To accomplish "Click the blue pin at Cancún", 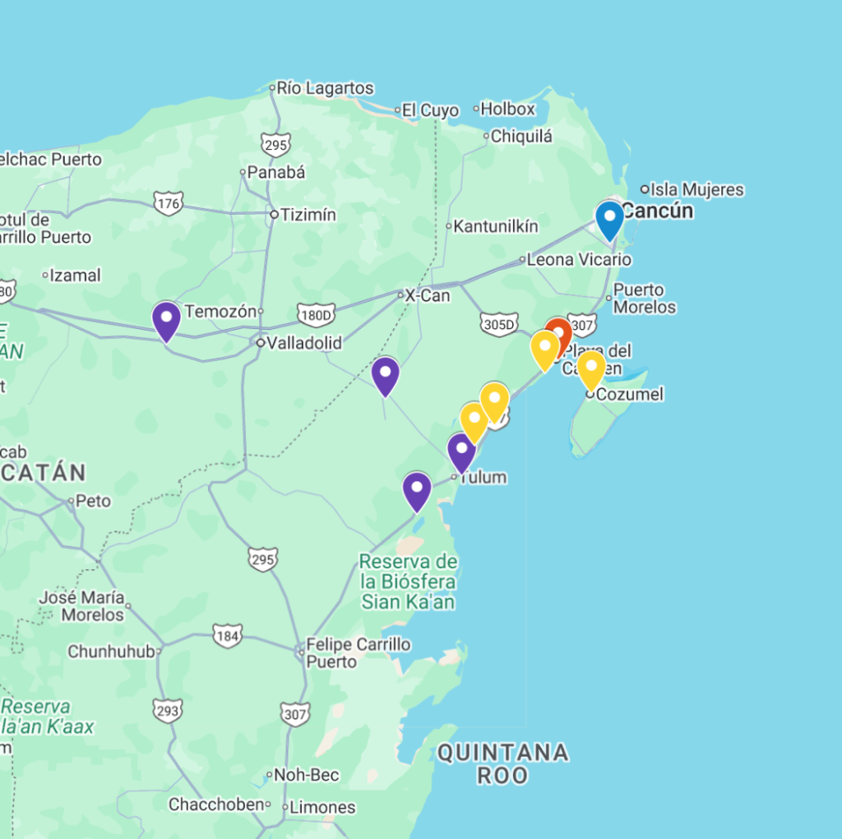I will coord(609,219).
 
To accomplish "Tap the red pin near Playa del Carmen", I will coord(558,334).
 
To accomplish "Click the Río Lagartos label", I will coord(325,88).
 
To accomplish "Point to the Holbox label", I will coord(507,109).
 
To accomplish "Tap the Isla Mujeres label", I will coord(697,190).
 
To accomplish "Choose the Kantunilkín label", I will coord(496,225).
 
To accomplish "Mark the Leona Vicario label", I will coord(579,260).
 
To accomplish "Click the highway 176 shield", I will coord(168,202).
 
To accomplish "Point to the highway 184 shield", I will coord(227,635).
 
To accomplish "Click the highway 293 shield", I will coord(168,710).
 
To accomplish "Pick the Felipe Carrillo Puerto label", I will coord(359,653).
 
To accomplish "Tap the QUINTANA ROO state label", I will coord(502,763).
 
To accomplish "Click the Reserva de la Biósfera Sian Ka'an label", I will coord(409,582).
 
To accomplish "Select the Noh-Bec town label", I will coord(307,775).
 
